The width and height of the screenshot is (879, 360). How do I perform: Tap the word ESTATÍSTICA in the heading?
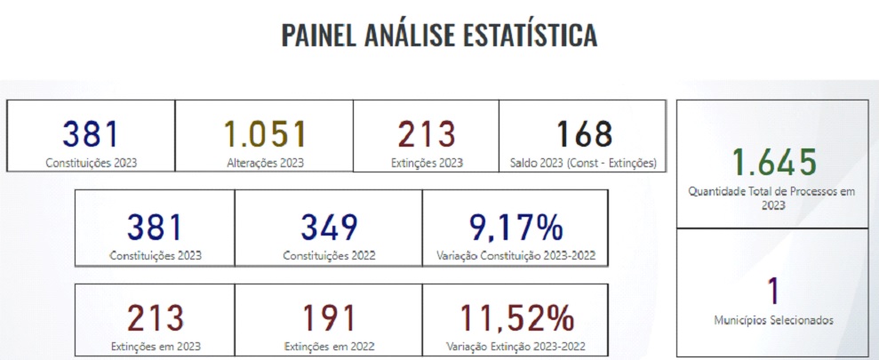click(x=530, y=35)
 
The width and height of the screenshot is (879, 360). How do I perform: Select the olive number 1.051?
click(x=264, y=133)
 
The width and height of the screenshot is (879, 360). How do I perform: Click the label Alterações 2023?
click(x=264, y=163)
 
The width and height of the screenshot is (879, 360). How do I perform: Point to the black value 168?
click(x=584, y=133)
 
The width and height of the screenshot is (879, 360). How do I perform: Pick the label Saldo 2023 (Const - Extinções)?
click(x=583, y=163)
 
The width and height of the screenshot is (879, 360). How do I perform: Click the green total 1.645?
click(x=773, y=163)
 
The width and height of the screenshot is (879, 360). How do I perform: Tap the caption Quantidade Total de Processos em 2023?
click(x=773, y=197)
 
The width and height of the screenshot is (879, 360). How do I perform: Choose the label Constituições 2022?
click(x=329, y=256)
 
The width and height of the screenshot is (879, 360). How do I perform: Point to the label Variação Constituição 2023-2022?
click(x=515, y=256)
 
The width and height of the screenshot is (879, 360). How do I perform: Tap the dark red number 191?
click(x=329, y=317)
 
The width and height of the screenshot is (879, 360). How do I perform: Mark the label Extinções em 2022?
click(x=329, y=346)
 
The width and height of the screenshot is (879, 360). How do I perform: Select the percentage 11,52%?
click(x=515, y=317)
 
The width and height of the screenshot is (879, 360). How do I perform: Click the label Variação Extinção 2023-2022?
click(x=515, y=346)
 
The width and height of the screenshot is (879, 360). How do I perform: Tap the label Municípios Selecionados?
click(x=773, y=320)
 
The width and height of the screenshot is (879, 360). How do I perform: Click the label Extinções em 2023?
click(x=155, y=346)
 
